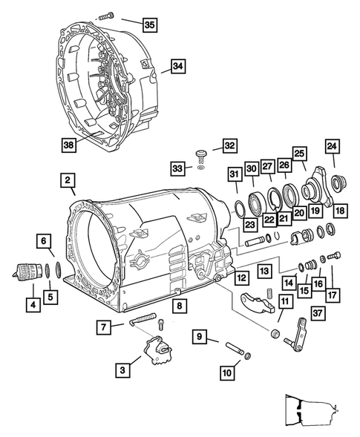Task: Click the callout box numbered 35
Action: coord(149,25)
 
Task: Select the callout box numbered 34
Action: coord(176,65)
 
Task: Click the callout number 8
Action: coord(179,305)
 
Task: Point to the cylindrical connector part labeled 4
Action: coord(27,271)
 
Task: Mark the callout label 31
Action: coord(234,174)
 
